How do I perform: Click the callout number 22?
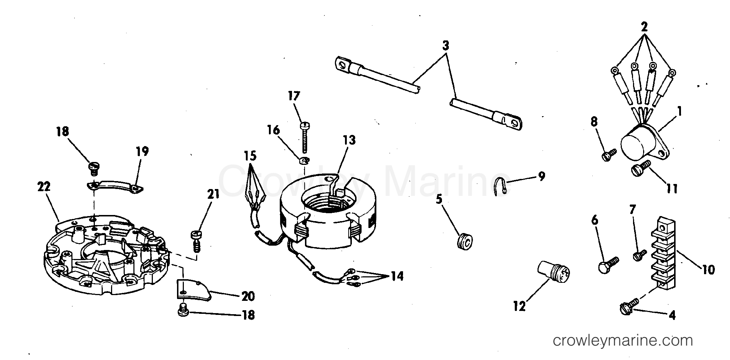pyautogui.click(x=44, y=187)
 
